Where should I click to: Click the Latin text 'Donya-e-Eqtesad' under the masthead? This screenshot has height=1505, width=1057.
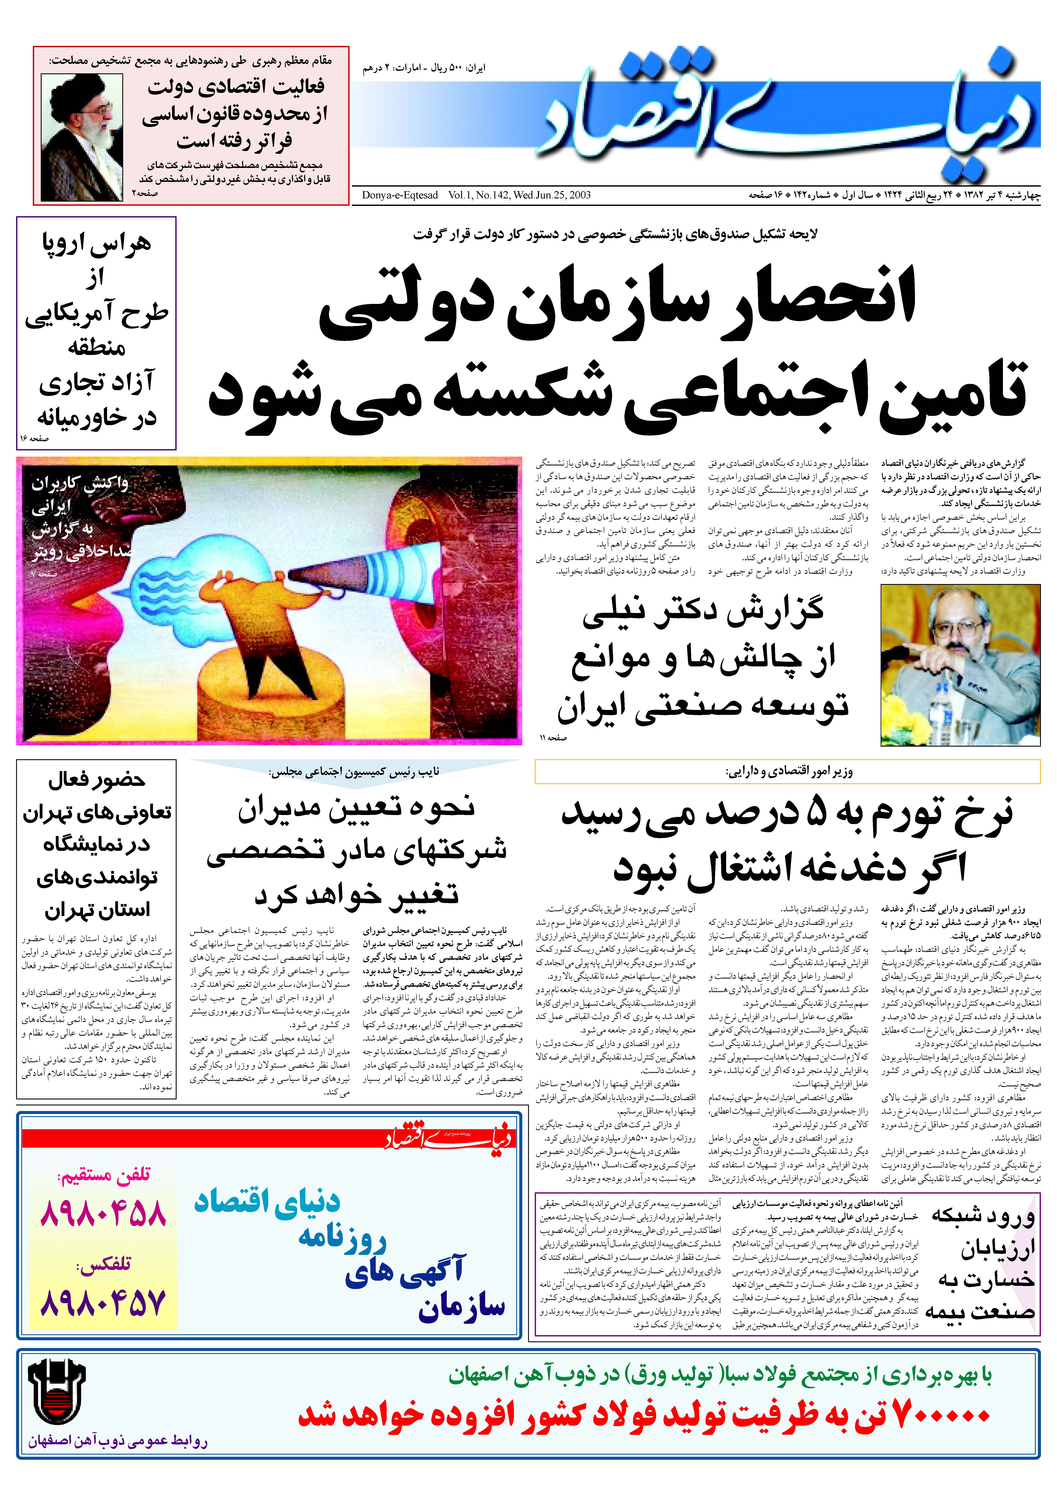pyautogui.click(x=400, y=195)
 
